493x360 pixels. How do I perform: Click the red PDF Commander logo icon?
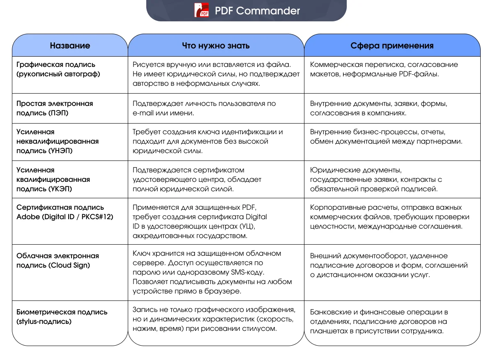[x=202, y=10]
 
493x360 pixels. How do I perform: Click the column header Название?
[x=70, y=46]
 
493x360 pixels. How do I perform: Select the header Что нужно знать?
[x=216, y=46]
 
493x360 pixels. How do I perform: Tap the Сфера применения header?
[x=392, y=46]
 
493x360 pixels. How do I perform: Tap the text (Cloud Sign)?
[x=69, y=265]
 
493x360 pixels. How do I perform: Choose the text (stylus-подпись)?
[x=44, y=321]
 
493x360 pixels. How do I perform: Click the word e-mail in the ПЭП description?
[x=142, y=113]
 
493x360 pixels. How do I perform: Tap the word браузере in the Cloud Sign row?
[x=227, y=291]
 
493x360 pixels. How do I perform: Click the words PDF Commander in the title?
[x=257, y=10]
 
